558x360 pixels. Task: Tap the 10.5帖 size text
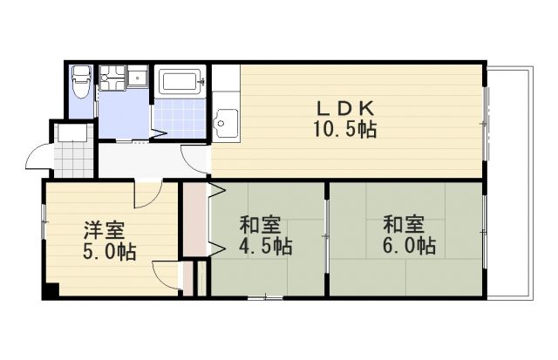tap(344, 130)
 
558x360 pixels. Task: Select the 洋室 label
tap(104, 231)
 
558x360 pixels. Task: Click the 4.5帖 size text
tap(264, 247)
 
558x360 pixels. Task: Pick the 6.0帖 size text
tap(408, 247)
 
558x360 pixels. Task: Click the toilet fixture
tap(81, 83)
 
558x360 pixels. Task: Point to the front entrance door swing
tap(40, 157)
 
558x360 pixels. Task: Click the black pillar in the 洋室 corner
tap(51, 292)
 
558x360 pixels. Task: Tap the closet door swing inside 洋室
tap(166, 275)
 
